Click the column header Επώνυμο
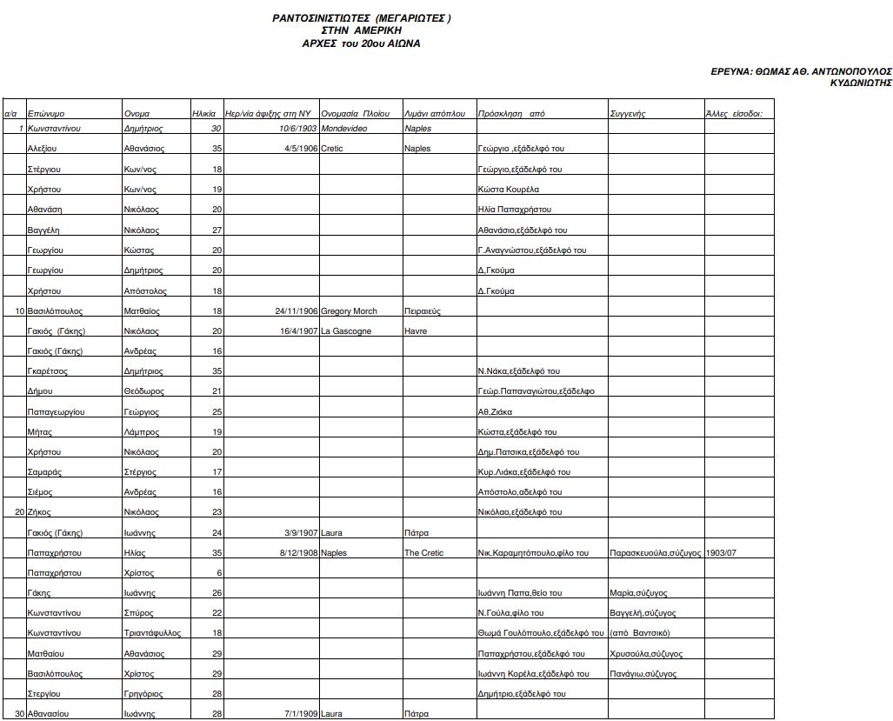coord(45,114)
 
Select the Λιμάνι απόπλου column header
coord(435,114)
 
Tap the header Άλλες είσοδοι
coord(734,114)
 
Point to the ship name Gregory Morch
coord(349,310)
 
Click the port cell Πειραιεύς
coord(423,310)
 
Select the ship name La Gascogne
coord(346,331)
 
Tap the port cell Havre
coord(416,331)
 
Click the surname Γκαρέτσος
coord(48,371)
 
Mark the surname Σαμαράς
coord(44,472)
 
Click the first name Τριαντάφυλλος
coord(154,633)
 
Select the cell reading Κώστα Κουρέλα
coord(509,190)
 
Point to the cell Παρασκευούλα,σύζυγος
coord(656,553)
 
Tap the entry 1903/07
coord(722,553)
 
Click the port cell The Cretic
coord(423,553)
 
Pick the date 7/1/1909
coord(301,714)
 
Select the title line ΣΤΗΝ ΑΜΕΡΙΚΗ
coord(361,30)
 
